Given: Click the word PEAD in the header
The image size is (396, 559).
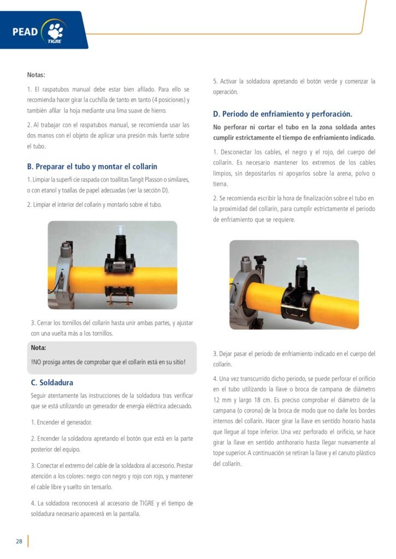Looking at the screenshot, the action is point(25,32).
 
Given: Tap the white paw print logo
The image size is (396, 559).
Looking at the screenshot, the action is point(56,31).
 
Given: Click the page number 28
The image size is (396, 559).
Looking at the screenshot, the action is point(19,541).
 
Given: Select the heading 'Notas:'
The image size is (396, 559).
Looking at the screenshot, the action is point(36,75).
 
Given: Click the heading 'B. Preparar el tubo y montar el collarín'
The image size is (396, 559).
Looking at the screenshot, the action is point(92,166).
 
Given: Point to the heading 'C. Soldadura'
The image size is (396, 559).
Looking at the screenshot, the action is point(52,383).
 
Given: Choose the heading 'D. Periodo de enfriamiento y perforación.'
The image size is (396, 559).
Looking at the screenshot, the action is point(282,114).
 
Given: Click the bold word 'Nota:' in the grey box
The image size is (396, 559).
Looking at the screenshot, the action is point(39,348).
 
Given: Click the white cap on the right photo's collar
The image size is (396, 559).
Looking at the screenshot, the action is point(302,262).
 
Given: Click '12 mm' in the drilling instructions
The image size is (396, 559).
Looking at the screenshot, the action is point(222,400).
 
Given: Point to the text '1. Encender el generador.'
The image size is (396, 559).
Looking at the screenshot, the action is point(61,423).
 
